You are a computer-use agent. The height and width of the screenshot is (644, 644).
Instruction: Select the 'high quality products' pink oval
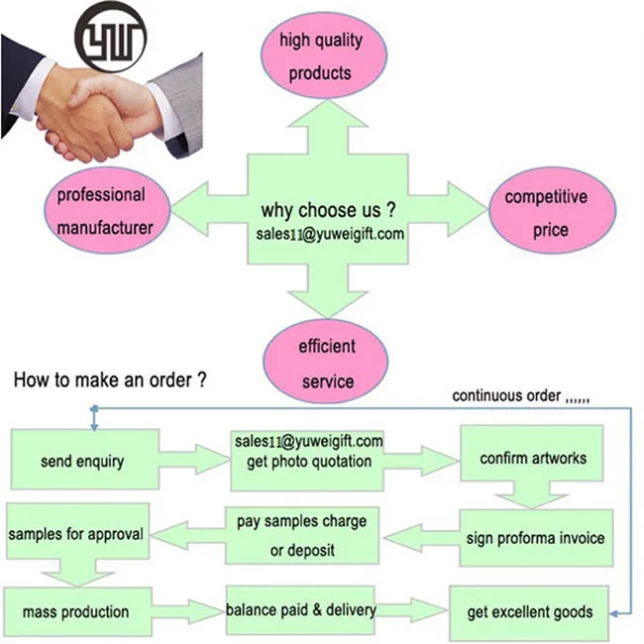[x=320, y=56]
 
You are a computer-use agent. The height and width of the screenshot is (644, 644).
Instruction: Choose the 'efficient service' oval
[x=326, y=364]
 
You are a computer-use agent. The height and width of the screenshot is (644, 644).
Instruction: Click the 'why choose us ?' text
[x=328, y=211]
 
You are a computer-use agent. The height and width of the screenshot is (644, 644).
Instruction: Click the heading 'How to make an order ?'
[x=110, y=379]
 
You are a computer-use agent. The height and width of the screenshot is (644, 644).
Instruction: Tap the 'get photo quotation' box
[x=307, y=459]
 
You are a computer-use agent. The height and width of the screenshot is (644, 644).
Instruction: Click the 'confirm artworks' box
[x=532, y=458]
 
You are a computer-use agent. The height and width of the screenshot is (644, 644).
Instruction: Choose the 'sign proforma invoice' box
[x=535, y=538]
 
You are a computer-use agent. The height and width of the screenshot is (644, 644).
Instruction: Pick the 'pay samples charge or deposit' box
[x=302, y=535]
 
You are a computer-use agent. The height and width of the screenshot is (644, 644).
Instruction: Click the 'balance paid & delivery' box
[x=300, y=609]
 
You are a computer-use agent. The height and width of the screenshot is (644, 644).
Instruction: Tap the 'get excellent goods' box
[x=532, y=611]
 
